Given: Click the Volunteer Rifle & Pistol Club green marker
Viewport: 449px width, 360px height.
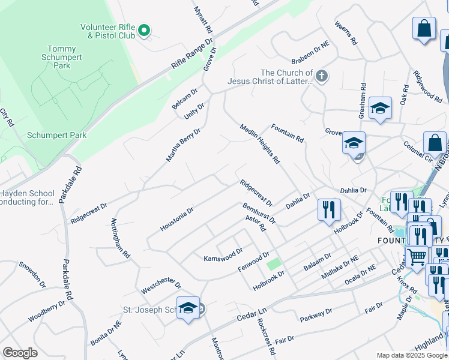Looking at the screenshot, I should pos(144,30).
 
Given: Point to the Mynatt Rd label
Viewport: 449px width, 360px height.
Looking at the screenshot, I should pos(203,19).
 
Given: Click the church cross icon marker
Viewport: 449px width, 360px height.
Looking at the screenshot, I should pos(322,76).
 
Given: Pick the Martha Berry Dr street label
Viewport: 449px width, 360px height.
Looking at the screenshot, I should pos(183,145).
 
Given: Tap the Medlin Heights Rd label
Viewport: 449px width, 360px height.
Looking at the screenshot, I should pos(260,144).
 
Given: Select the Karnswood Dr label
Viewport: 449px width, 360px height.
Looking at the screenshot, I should pos(223,254).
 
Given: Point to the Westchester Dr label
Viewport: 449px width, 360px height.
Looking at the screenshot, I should pos(161,285).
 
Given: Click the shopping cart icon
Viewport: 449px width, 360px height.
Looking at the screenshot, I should pos(415,256).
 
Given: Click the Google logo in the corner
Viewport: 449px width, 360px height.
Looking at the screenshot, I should pos(20,353).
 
